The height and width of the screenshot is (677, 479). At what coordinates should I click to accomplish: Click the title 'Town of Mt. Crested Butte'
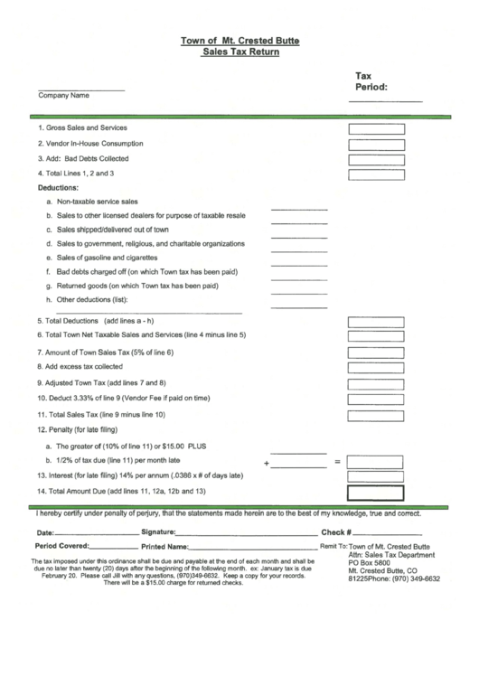239,41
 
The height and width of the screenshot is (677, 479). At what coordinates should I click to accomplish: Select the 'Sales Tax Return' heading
240,52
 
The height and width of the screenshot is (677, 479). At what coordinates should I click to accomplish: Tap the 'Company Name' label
63,95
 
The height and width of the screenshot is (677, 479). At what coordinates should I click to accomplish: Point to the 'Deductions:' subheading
59,188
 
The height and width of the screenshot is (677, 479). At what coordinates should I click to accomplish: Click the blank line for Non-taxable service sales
299,207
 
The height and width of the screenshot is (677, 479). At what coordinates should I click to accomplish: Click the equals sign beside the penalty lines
338,462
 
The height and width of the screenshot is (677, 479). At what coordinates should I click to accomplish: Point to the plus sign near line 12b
267,463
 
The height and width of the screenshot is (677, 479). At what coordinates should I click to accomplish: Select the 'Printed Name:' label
164,547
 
